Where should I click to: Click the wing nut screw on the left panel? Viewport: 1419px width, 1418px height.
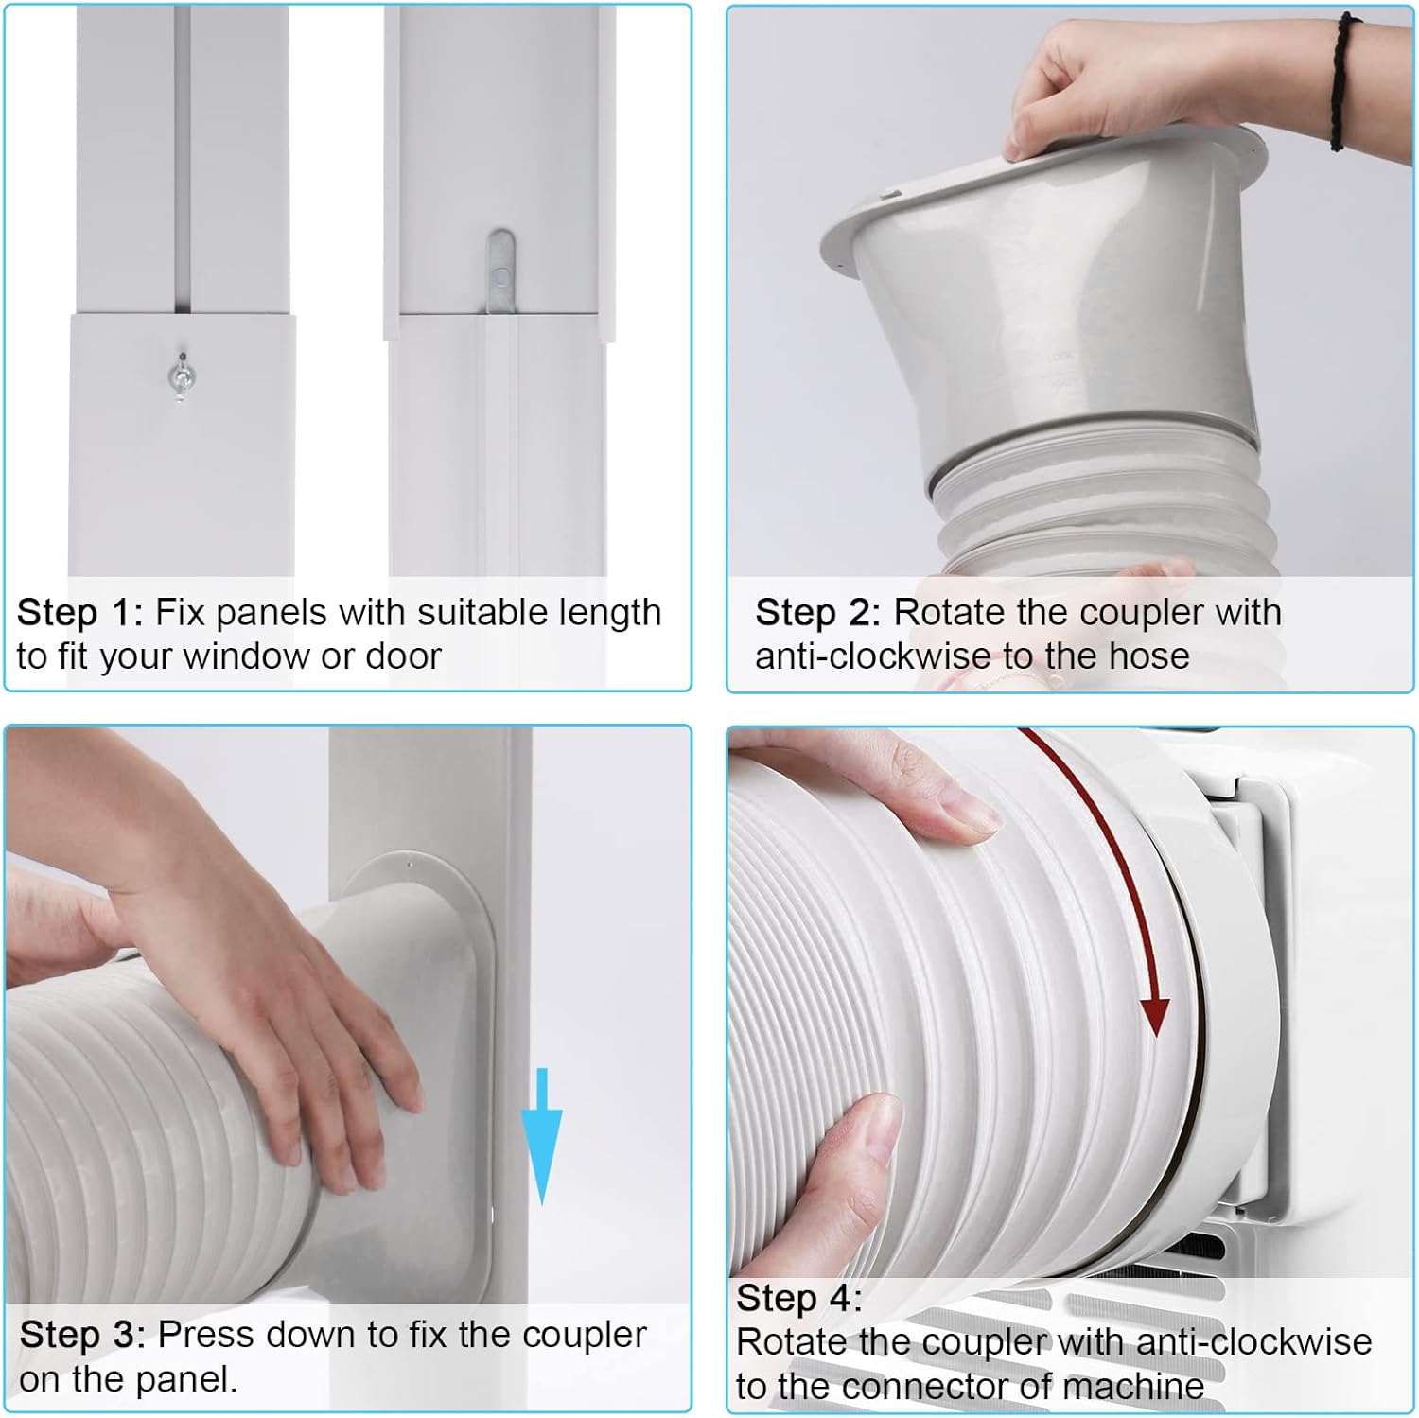click(178, 376)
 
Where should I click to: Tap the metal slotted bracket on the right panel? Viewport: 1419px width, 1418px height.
click(500, 271)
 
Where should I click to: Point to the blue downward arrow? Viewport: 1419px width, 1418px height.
click(541, 1136)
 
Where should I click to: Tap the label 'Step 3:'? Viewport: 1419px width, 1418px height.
click(81, 1335)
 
